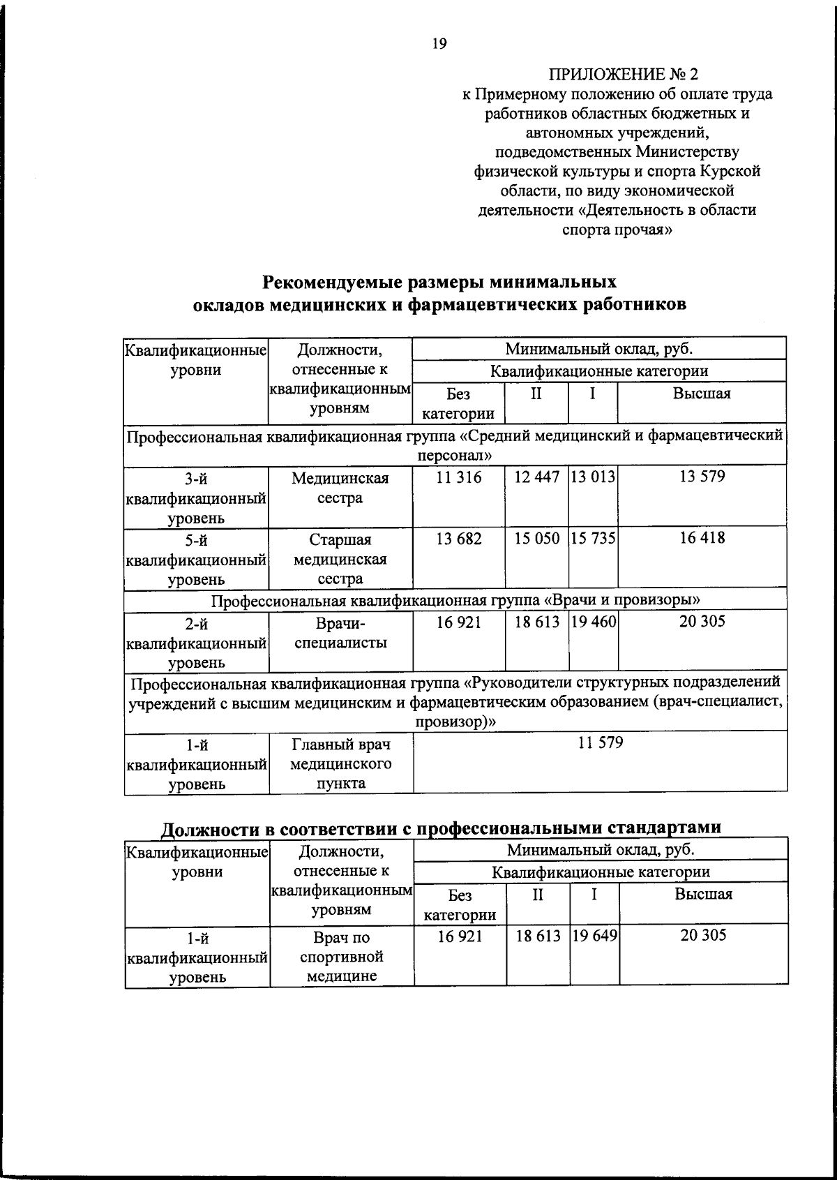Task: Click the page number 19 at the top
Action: [439, 45]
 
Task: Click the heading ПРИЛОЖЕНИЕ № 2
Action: [623, 74]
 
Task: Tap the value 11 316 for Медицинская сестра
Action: [458, 477]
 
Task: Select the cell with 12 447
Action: [536, 477]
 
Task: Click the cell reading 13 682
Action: [458, 539]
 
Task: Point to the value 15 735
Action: [593, 539]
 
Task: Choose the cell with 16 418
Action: [702, 538]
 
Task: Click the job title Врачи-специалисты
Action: [340, 633]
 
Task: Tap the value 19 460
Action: [593, 622]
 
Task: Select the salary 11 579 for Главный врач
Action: [600, 742]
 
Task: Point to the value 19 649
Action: [594, 936]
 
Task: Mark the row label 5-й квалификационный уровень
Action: [196, 559]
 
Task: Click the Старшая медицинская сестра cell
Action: [340, 559]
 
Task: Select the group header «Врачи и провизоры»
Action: [456, 600]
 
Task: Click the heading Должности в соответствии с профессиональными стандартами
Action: [441, 828]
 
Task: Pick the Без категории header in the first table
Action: [458, 403]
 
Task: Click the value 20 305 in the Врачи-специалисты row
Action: [702, 622]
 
